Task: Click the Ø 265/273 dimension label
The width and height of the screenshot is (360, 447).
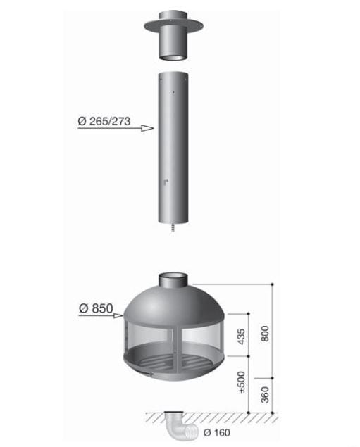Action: coord(104,121)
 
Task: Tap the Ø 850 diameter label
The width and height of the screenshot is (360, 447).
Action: coord(96,308)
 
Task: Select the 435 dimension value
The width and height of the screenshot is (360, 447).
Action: coord(242,336)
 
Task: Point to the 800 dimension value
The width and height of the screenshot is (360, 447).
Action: coord(265,333)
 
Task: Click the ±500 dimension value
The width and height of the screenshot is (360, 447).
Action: coord(242,382)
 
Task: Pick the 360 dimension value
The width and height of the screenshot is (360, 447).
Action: coord(265,395)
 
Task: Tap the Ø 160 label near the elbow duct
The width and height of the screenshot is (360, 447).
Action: coord(217,433)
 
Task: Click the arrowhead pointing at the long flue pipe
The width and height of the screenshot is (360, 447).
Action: coord(147,128)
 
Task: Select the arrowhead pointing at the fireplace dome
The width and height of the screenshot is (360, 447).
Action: coord(118,315)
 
